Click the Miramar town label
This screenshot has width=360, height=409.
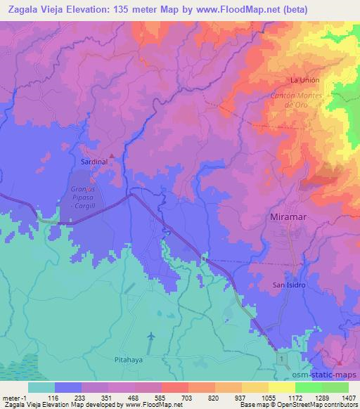pos(290,219)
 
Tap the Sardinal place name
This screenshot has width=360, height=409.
pos(94,161)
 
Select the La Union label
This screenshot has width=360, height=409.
pos(304,80)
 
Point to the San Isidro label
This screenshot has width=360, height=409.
pos(289,285)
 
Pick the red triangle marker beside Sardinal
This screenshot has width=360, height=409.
pos(111,155)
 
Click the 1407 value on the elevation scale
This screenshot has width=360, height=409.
pos(349,398)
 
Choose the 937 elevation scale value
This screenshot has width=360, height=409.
pos(243,398)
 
